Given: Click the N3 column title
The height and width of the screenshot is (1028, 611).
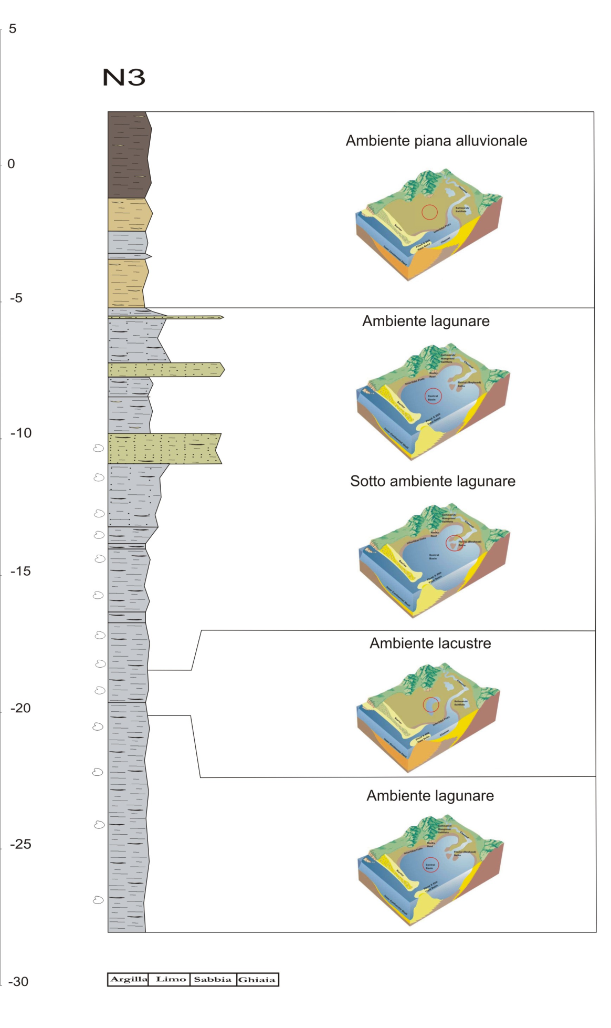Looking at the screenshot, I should pos(123,78).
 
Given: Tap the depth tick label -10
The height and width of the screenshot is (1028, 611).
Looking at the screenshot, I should pos(21,433).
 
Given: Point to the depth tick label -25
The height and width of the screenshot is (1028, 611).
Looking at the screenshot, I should pos(20,844).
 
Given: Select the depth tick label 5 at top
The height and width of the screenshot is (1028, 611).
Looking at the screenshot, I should pos(13,29).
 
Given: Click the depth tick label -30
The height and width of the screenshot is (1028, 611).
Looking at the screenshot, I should pos(18,981).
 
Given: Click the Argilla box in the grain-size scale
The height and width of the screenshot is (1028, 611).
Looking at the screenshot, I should pos(129,979).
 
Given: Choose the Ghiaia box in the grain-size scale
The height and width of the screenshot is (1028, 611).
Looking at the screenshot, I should pos(257,979).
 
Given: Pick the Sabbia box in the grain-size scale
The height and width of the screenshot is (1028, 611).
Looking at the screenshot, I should pos(213,979).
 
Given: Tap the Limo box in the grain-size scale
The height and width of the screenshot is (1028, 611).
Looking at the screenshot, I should pos(171,979).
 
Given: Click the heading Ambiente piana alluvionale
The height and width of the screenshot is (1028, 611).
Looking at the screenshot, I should pos(436,141).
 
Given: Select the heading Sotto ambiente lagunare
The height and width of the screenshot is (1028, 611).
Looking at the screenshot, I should pos(433,481).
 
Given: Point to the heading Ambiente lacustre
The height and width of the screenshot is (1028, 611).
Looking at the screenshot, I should pos(430,643).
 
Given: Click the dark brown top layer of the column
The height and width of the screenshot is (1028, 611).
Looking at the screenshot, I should pos(129,155).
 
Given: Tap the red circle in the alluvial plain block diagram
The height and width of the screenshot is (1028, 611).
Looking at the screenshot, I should pos(430,212).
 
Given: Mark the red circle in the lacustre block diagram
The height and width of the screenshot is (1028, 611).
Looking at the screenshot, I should pos(431,704).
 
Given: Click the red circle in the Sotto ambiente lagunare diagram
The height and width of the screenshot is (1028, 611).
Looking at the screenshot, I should pos(454,543).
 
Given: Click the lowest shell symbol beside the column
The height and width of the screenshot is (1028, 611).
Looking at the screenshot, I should pos(98,900).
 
